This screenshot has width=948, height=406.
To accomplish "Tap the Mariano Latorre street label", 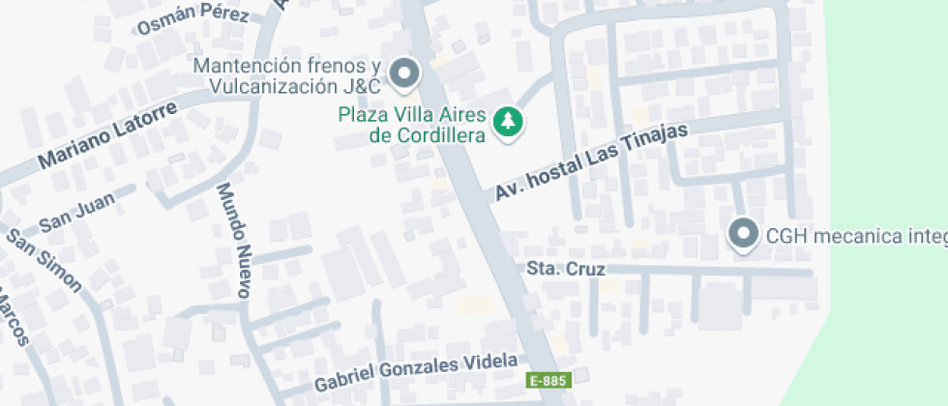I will coord(108,135).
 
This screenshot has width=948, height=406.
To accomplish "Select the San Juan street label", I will coord(76,214).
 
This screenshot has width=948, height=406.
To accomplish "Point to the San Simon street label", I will coord(44,261).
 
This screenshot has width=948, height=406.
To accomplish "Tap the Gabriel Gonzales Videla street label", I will coord(416,372).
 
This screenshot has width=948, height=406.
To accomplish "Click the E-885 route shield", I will coord(547,381).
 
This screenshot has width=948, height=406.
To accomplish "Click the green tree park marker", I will coord(507,123).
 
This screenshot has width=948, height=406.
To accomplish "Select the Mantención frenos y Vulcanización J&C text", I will coord(287,75).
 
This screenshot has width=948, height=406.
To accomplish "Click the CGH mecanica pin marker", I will coord(743,233).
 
